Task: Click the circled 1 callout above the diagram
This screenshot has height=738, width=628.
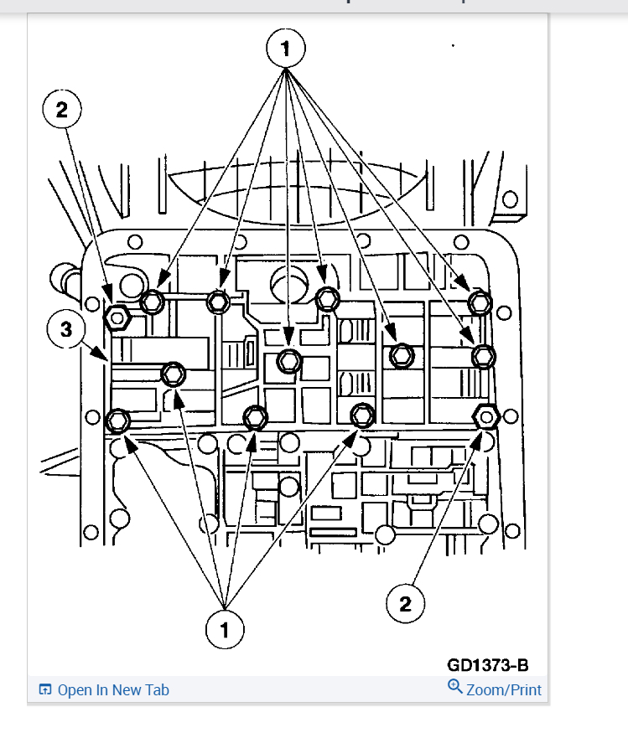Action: tap(286, 49)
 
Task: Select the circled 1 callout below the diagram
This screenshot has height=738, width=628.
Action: tap(225, 628)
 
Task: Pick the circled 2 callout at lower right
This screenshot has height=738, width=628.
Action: tap(406, 604)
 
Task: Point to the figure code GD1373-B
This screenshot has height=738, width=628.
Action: tap(487, 665)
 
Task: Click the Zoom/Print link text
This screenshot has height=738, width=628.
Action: tap(504, 690)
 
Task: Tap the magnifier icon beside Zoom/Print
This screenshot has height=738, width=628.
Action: tap(455, 687)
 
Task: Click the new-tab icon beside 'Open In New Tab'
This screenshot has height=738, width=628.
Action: tap(45, 690)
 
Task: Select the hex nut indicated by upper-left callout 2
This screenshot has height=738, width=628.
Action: tap(117, 317)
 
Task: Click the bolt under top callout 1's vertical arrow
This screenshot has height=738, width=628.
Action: tap(288, 360)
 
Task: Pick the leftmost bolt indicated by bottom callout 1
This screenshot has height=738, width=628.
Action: tap(118, 420)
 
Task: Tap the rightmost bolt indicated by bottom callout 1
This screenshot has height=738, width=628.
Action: tap(362, 415)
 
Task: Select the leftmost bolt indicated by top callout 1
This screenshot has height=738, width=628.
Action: tap(152, 302)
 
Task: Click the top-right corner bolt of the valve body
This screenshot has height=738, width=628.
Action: tap(479, 302)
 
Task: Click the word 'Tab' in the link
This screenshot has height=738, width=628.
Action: tap(156, 690)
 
